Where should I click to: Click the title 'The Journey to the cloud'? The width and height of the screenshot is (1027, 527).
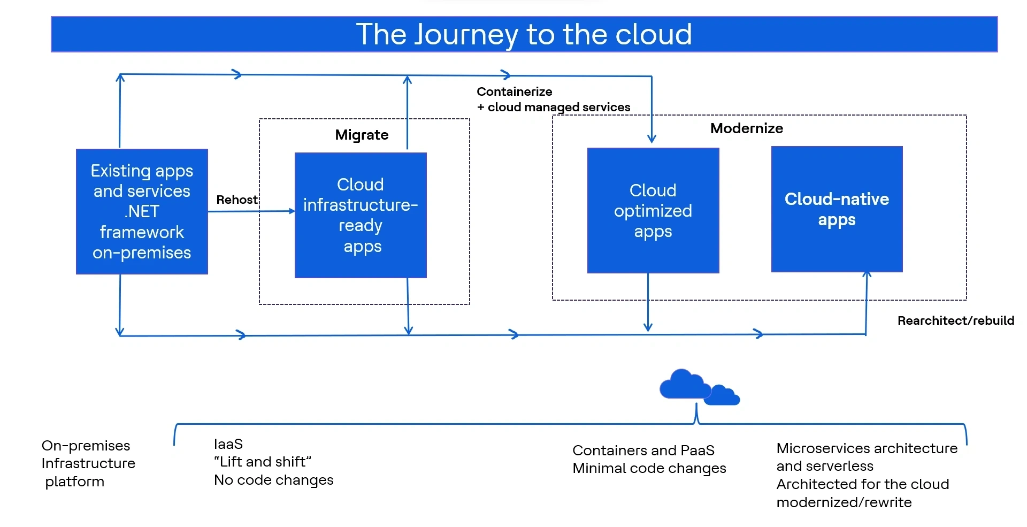pos(524,34)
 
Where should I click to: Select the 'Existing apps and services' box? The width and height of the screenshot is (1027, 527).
pos(142,211)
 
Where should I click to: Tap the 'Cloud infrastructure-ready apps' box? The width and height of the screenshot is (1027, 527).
pos(361,215)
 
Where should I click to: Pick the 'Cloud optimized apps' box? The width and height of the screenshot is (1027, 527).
pos(653,211)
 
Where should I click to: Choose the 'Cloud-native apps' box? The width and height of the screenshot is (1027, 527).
pos(837,209)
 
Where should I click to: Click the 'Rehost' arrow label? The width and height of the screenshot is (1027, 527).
pos(236,200)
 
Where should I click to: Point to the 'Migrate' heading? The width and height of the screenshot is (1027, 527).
pos(362,135)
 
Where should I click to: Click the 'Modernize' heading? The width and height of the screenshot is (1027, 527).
pos(746,128)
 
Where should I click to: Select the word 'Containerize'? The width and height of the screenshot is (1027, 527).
pos(514,91)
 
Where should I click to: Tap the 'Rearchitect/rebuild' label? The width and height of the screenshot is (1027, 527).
pos(955,320)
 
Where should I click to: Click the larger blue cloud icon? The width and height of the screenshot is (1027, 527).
pos(682,384)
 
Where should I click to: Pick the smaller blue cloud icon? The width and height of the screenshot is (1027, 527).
pos(723,396)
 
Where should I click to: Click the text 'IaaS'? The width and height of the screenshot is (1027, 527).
pos(228,444)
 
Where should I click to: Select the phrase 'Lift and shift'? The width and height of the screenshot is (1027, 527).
pos(262,462)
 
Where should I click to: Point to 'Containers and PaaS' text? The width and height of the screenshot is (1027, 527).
pos(643,450)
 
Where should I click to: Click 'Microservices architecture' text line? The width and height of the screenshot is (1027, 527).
pos(867,448)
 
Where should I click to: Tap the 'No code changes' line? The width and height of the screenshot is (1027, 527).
pos(273,480)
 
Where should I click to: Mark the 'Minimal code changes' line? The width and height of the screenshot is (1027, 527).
pos(649,468)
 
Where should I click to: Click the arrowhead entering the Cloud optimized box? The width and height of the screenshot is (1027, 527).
pos(652,139)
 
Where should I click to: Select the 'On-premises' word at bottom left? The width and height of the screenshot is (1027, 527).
pos(86,446)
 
